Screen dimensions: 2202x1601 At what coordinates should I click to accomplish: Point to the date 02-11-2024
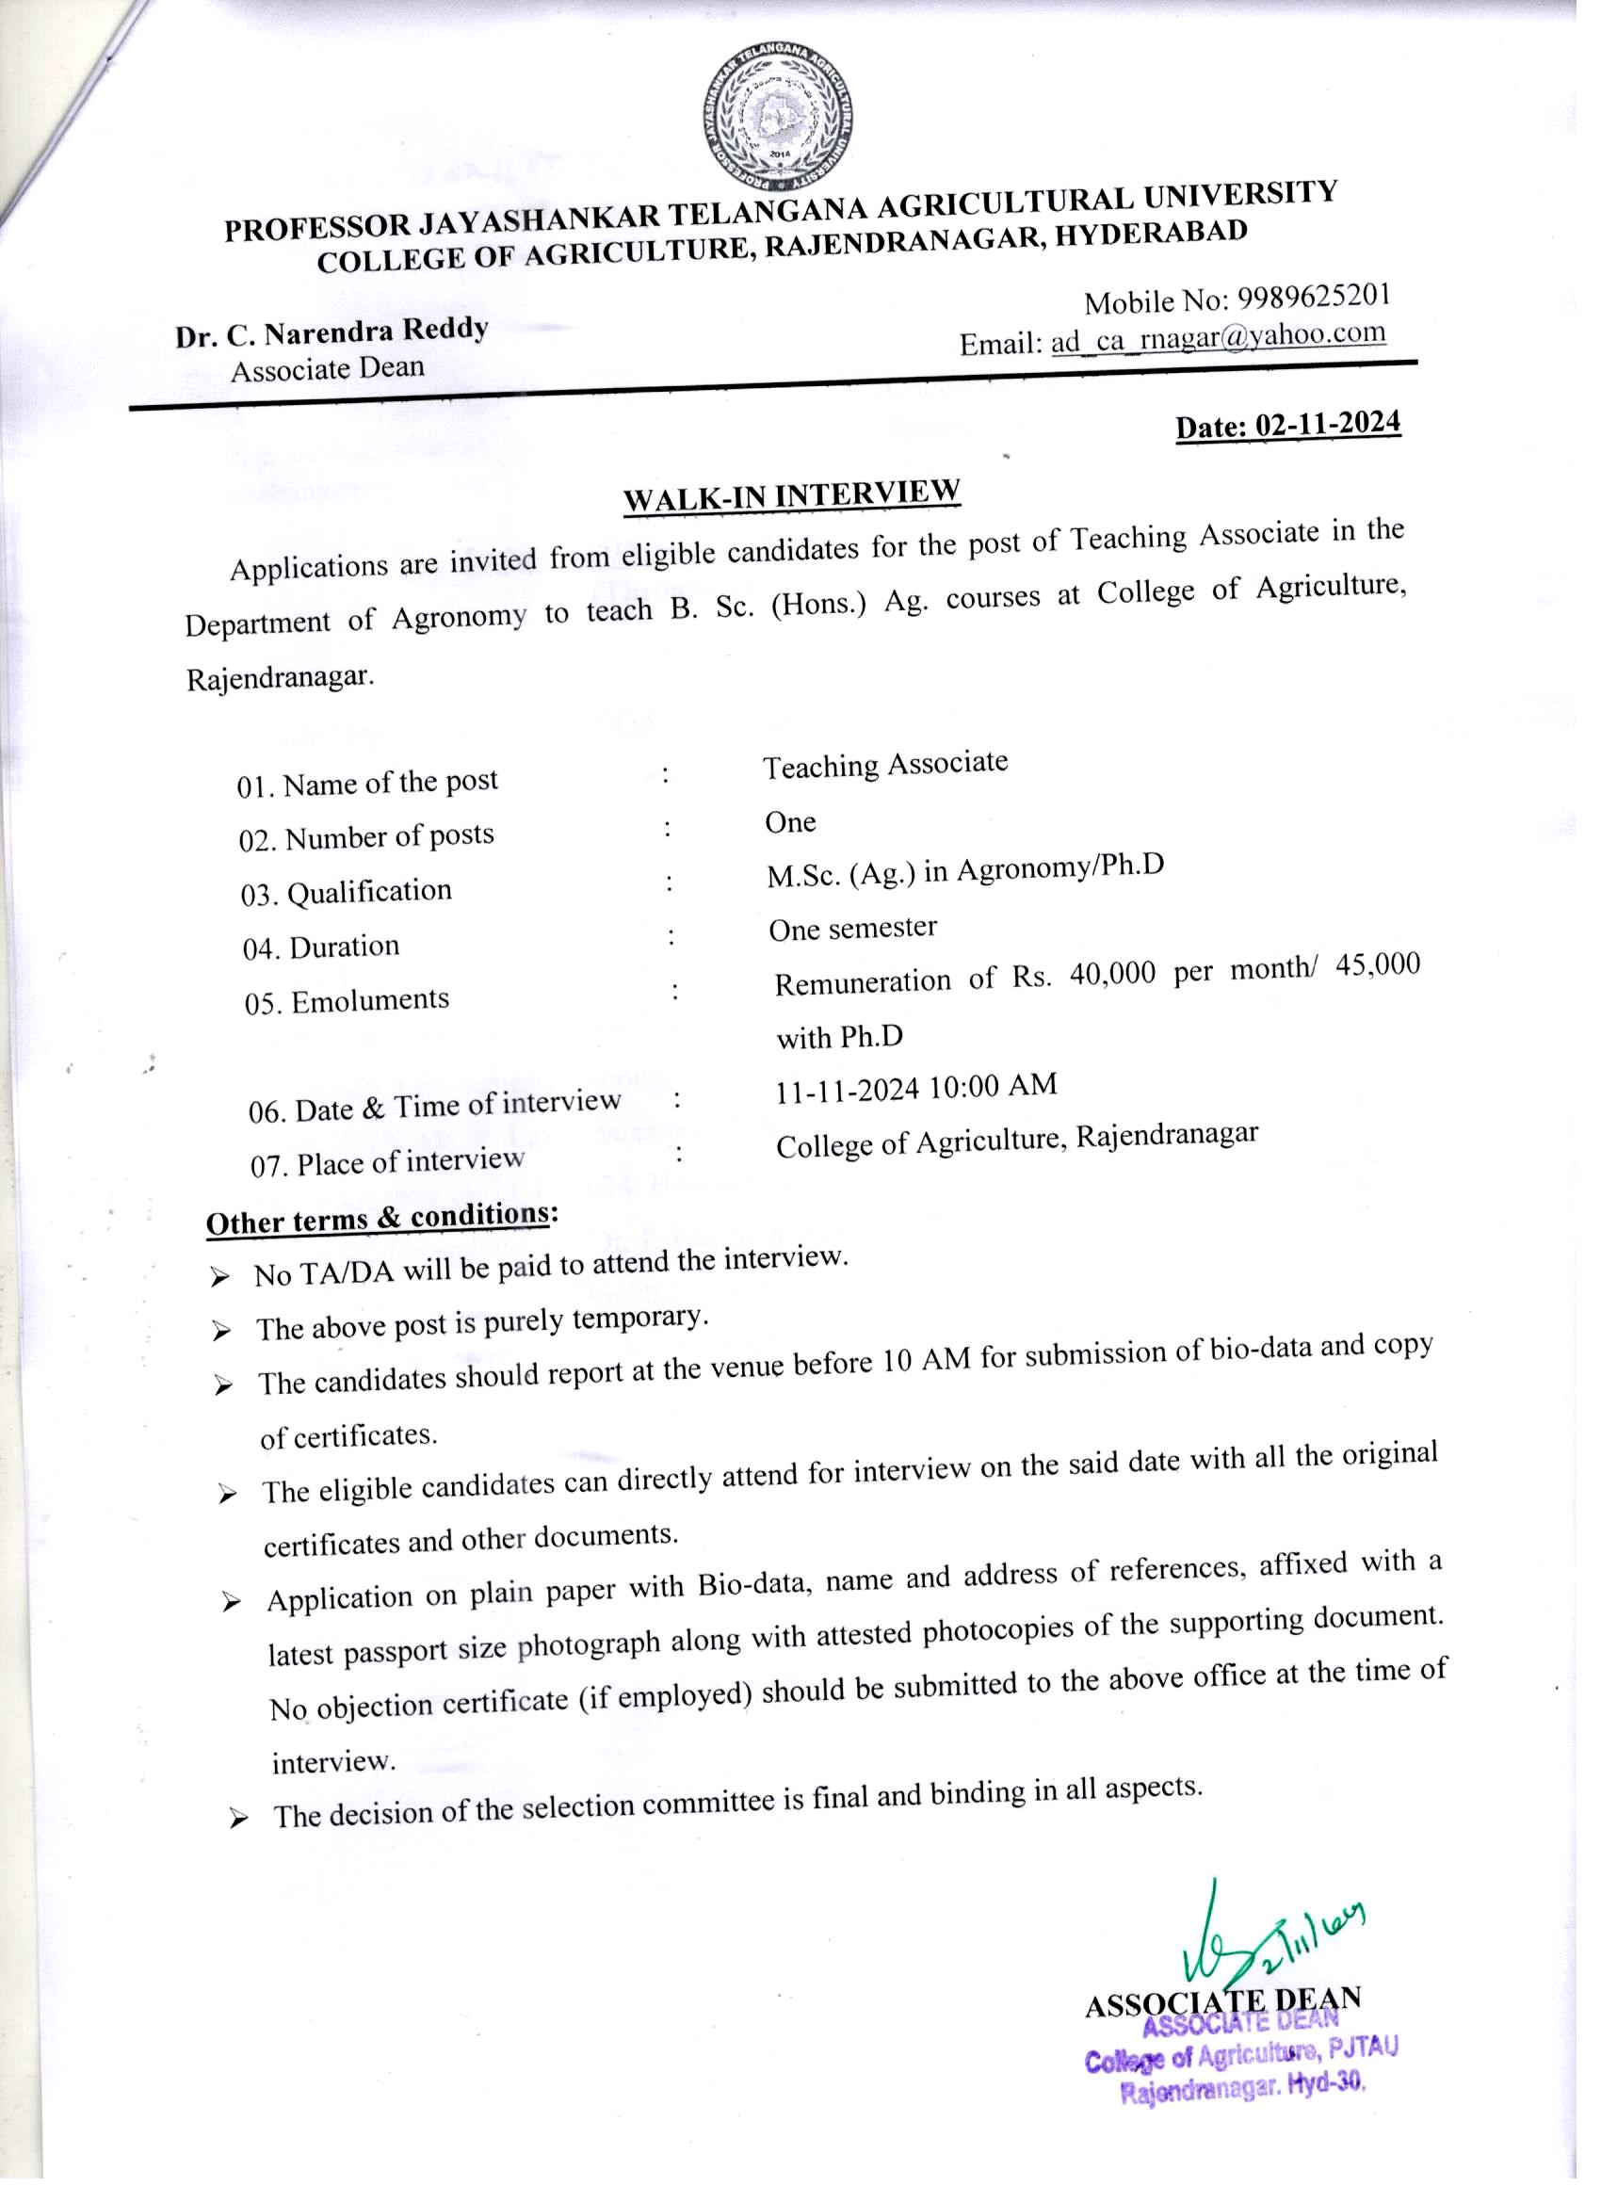tap(1327, 424)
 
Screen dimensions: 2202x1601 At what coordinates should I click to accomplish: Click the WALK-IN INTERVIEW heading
tap(791, 495)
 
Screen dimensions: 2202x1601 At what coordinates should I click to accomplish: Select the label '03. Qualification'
tap(347, 892)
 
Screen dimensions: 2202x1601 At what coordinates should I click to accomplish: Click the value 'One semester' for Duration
tap(852, 929)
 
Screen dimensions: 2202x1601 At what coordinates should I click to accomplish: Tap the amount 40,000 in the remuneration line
tap(1112, 973)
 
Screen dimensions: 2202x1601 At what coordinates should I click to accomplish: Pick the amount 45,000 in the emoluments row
tap(1378, 964)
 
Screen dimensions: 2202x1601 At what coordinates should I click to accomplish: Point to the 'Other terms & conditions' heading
tap(379, 1219)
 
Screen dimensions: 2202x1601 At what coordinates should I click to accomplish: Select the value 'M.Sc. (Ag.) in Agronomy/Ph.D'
tap(965, 870)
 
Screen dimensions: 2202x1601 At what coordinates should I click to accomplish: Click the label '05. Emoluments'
tap(347, 1001)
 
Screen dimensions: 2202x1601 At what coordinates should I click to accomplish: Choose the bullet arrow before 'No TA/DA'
tap(219, 1278)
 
